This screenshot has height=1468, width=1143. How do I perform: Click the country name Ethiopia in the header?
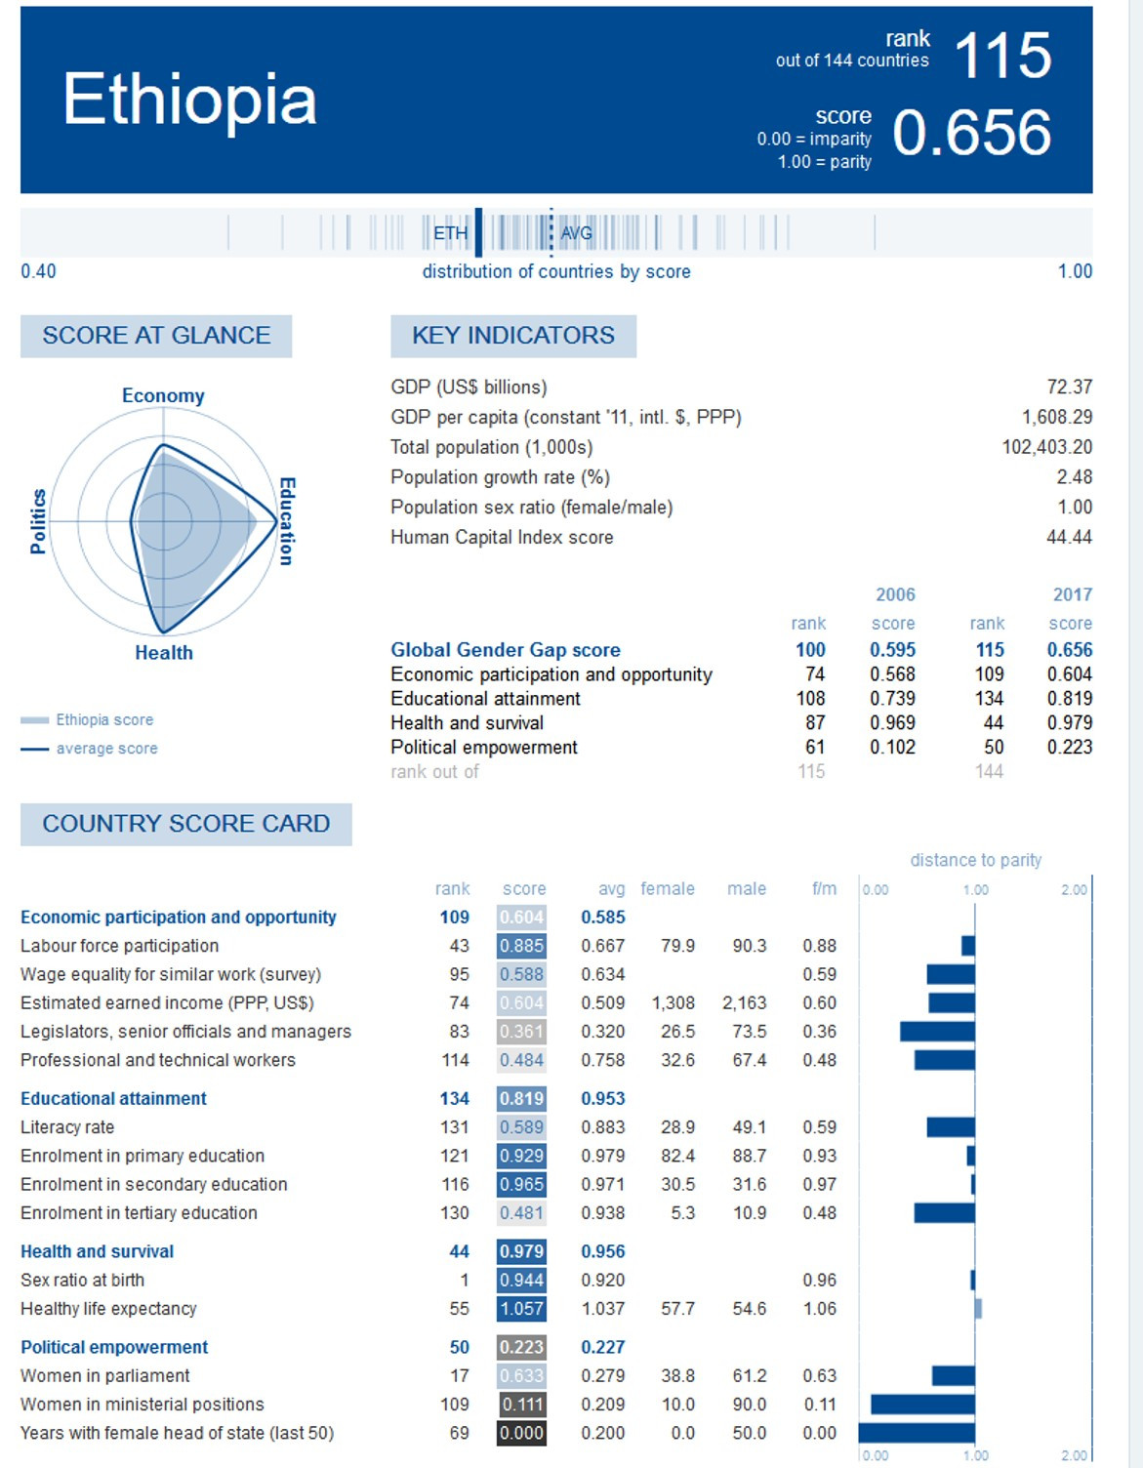(190, 100)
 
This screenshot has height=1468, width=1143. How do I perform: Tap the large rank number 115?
(1002, 56)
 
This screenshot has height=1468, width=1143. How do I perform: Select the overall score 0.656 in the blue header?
(971, 133)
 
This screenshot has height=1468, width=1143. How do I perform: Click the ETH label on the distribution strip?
(450, 233)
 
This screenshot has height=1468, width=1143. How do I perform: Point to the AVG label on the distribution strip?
(576, 233)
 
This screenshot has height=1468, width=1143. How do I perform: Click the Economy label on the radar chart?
(163, 395)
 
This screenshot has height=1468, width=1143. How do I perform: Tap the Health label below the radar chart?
(164, 653)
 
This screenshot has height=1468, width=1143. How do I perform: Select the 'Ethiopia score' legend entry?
(104, 719)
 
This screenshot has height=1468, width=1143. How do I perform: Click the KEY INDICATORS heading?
(513, 336)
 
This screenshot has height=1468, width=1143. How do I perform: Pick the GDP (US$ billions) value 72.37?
(1069, 387)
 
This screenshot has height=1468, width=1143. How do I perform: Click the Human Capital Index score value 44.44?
(1069, 537)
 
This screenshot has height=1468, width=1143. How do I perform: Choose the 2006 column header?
(895, 594)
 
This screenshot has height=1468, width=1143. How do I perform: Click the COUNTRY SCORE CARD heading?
(185, 824)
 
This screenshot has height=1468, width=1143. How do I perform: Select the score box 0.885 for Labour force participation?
(521, 946)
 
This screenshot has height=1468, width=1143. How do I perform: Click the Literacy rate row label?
(67, 1127)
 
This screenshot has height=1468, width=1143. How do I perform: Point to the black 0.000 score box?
(521, 1433)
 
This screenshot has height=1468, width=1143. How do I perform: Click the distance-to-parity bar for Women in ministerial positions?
(922, 1405)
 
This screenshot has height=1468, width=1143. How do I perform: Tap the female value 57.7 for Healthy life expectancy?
(677, 1308)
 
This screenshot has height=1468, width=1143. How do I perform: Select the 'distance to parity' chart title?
(975, 860)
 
